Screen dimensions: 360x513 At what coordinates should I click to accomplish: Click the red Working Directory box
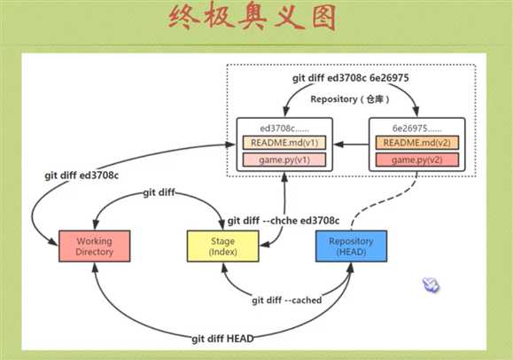click(94, 246)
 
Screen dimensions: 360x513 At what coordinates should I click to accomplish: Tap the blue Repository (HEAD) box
click(345, 246)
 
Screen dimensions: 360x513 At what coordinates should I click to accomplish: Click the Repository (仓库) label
click(348, 99)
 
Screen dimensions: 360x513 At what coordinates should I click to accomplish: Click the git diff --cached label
click(286, 300)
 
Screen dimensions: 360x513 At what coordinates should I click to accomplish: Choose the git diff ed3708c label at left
click(82, 175)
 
